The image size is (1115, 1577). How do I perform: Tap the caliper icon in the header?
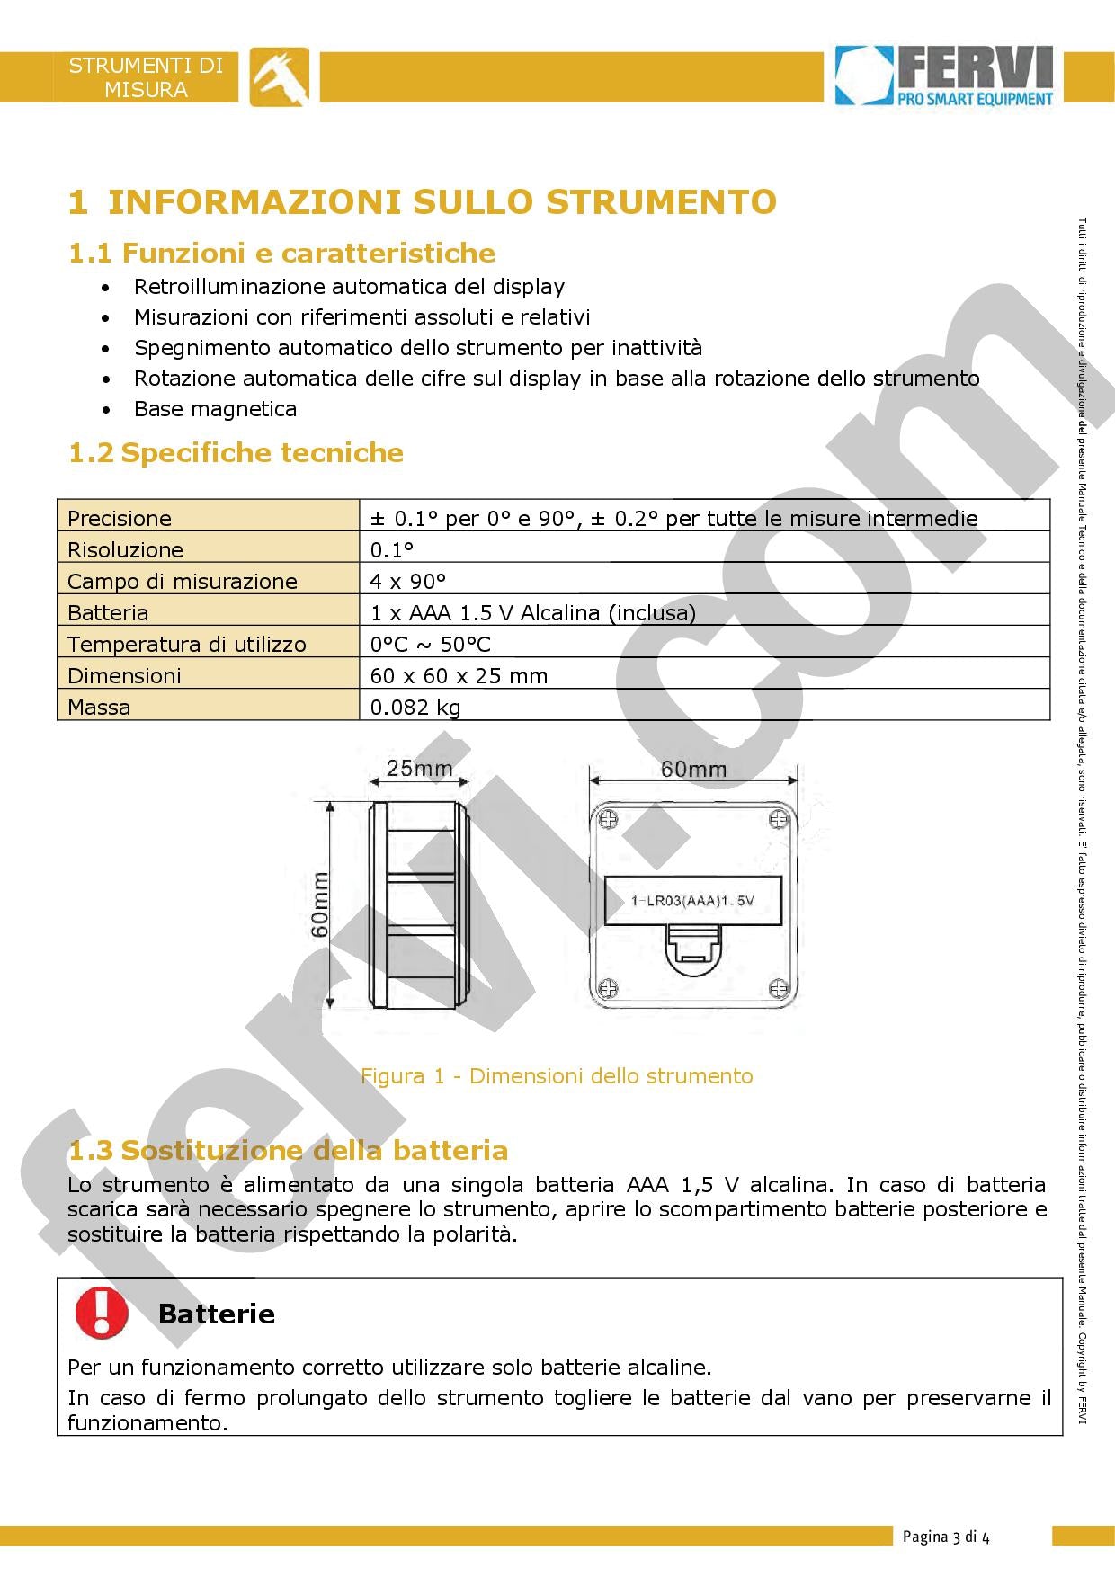(279, 76)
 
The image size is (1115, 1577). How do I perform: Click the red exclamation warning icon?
(101, 1312)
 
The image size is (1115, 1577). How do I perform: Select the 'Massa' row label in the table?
(99, 707)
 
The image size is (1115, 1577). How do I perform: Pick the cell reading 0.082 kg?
(415, 707)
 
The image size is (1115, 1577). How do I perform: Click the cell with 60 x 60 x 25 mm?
(459, 675)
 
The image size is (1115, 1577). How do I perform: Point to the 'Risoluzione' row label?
(125, 549)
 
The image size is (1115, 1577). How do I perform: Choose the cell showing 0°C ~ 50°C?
(430, 644)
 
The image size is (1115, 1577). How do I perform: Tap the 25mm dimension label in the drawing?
(419, 769)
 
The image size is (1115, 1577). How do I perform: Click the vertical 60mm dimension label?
(320, 904)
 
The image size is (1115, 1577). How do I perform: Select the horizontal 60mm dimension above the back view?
(693, 769)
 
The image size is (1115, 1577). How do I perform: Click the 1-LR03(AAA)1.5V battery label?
(692, 900)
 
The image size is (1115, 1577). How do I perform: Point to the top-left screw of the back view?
(609, 820)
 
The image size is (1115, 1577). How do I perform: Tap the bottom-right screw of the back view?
(778, 987)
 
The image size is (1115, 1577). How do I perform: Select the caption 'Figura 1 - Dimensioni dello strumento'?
(557, 1075)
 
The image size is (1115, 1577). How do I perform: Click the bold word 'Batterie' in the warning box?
(216, 1314)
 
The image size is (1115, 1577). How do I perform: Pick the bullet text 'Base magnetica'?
(215, 409)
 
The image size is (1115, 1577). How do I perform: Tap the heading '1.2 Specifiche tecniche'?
(236, 452)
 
